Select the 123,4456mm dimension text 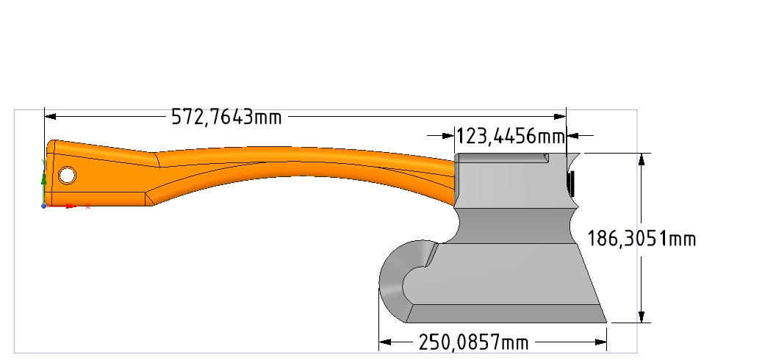[x=510, y=136]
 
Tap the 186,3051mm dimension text [x=641, y=238]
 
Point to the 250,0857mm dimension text [x=473, y=342]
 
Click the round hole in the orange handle [x=67, y=176]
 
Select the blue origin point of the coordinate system [x=44, y=206]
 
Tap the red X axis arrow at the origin [x=71, y=206]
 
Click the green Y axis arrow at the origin [x=44, y=179]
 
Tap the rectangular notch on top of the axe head [x=547, y=157]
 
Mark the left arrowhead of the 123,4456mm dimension [x=448, y=136]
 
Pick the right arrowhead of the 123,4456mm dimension [x=574, y=136]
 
